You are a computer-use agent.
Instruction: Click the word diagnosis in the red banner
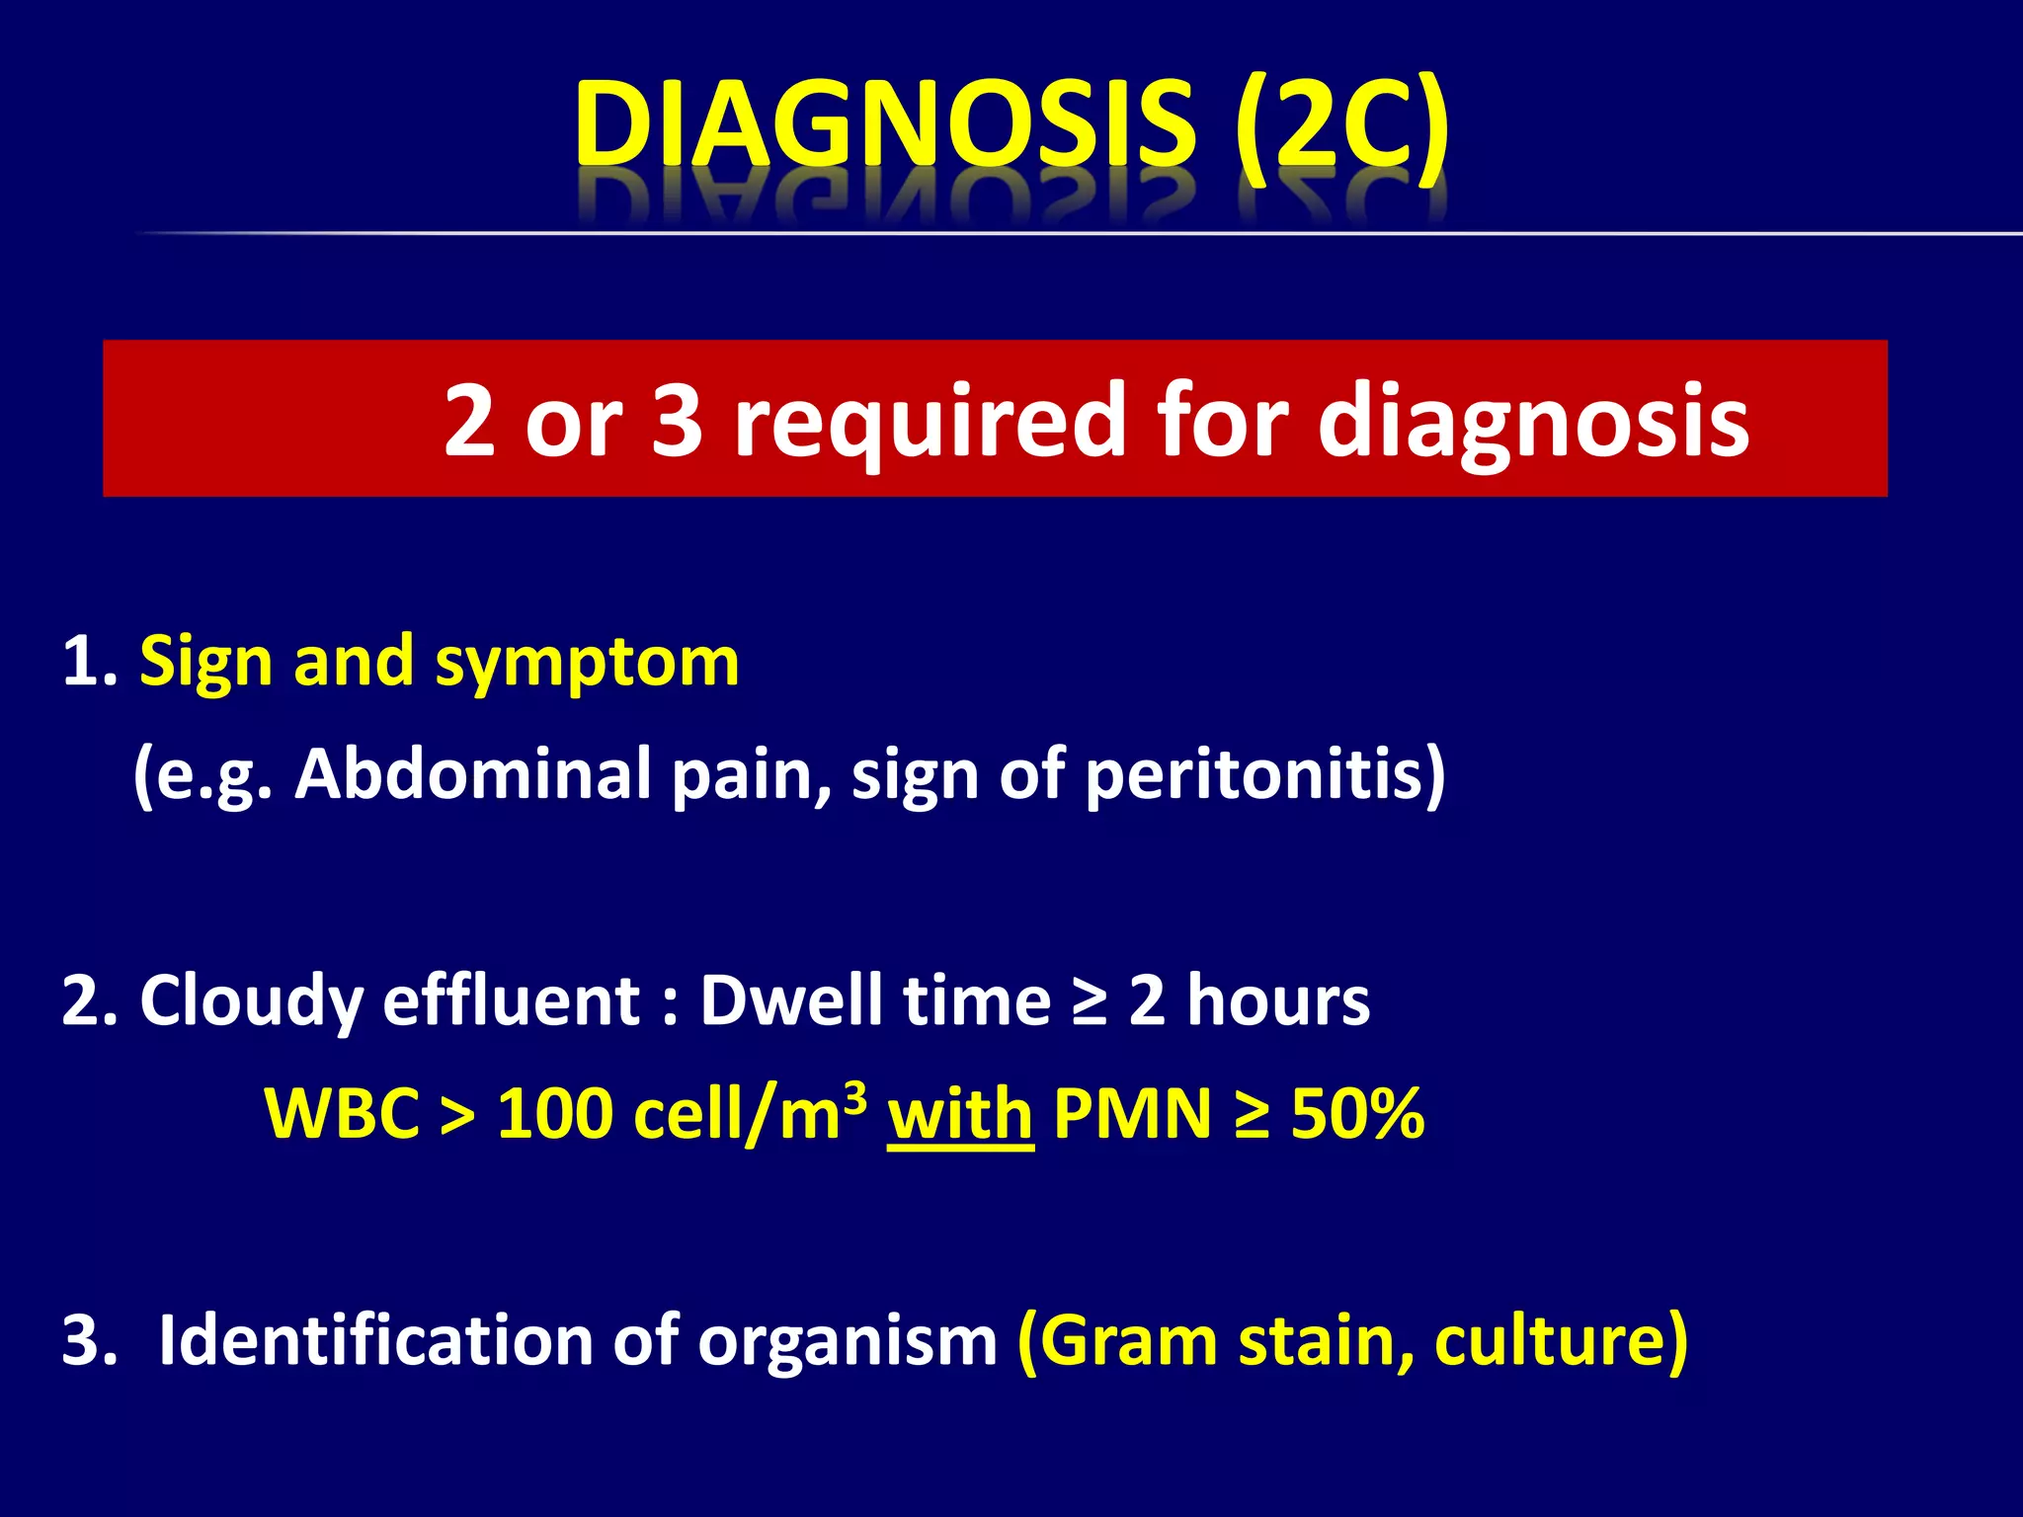click(1533, 422)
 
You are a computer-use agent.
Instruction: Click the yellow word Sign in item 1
click(205, 662)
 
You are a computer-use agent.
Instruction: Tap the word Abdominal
click(472, 773)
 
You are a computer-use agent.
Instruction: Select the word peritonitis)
click(1265, 773)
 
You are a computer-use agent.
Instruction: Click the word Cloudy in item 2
click(251, 1001)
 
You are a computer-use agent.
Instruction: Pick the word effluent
click(511, 999)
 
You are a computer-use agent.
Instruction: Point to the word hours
click(1278, 999)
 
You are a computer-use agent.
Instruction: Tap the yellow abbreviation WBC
click(342, 1114)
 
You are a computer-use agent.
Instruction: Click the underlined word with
click(960, 1114)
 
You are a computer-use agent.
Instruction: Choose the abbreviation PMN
click(1132, 1114)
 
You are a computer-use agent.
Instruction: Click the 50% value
click(1357, 1114)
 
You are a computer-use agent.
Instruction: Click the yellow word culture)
click(1561, 1340)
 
